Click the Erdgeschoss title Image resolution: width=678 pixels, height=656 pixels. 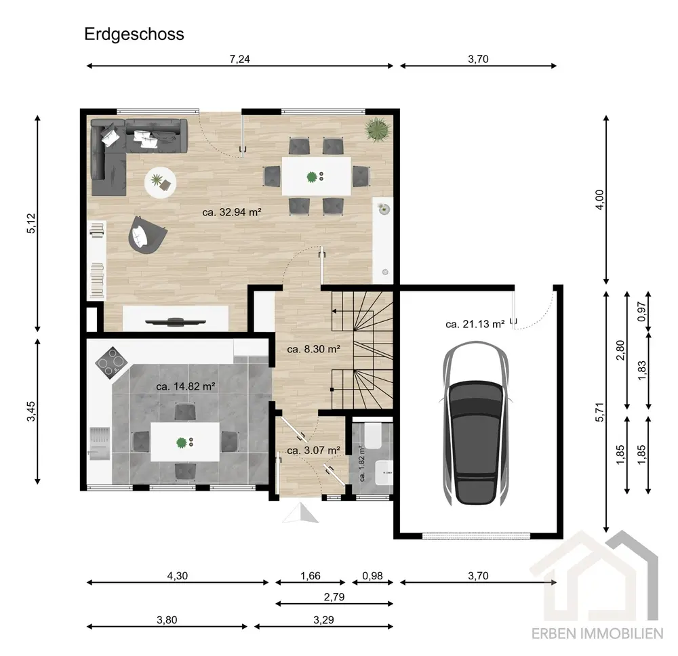134,34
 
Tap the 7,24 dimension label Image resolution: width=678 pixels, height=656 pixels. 239,59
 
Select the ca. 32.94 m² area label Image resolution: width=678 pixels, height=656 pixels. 232,212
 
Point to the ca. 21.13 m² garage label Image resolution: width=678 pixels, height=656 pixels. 475,324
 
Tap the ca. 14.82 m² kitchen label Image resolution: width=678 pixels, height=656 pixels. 186,386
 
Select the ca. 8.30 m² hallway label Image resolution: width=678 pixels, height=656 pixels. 313,349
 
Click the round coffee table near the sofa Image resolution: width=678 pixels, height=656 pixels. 160,182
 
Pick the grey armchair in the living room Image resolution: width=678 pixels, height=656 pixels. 146,235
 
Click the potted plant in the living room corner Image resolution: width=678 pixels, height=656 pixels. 378,129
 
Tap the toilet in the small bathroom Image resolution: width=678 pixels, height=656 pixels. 372,435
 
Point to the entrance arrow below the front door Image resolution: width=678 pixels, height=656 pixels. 301,514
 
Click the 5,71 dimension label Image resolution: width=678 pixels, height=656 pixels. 599,412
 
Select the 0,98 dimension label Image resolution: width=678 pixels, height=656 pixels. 373,575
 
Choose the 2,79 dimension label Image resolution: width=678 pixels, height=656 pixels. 334,597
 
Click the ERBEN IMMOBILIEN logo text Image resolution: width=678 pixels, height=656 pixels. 597,634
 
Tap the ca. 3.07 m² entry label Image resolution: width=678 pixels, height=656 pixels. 313,450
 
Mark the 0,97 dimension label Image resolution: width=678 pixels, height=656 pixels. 641,311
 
